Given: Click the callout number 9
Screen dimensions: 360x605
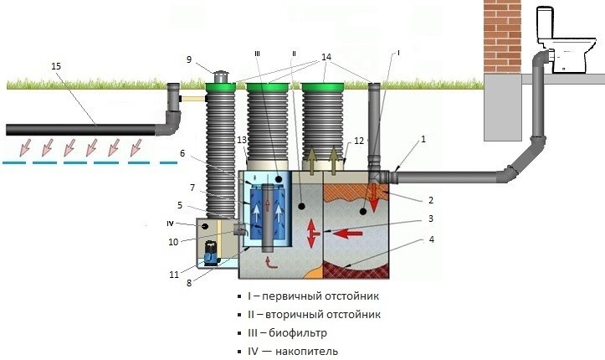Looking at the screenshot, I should tap(189, 59).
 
